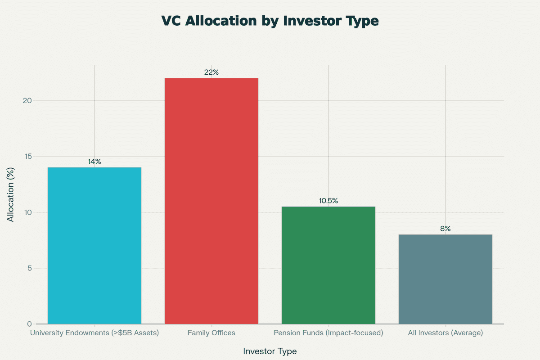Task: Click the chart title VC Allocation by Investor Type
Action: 270,21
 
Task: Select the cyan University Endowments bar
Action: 94,245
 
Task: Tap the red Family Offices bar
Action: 211,201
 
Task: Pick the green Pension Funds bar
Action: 328,265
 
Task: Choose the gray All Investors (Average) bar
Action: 445,279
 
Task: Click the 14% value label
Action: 94,162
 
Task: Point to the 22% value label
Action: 211,72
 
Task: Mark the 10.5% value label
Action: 328,201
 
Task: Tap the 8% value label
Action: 445,229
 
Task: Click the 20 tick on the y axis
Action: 27,100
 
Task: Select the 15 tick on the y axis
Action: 28,157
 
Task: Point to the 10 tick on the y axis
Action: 28,212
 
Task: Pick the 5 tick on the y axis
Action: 30,268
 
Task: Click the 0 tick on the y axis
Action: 30,324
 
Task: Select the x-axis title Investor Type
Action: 270,351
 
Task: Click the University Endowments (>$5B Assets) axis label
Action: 94,333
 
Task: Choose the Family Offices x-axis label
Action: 211,333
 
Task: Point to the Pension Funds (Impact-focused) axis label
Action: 328,333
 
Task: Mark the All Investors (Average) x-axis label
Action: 445,333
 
